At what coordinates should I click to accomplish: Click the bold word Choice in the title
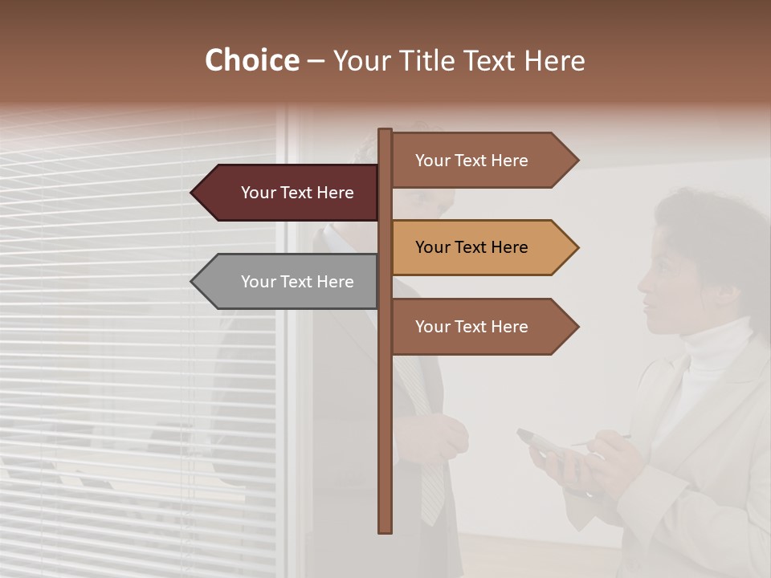[x=251, y=61]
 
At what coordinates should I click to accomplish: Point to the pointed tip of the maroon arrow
[x=194, y=193]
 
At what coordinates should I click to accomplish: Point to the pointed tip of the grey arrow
[x=194, y=282]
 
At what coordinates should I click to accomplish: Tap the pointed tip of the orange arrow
[x=576, y=247]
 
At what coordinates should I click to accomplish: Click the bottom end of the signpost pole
[x=385, y=529]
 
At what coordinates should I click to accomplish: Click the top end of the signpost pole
[x=385, y=132]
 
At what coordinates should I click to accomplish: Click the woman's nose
[x=642, y=283]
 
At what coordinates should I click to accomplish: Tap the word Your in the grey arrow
[x=258, y=282]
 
